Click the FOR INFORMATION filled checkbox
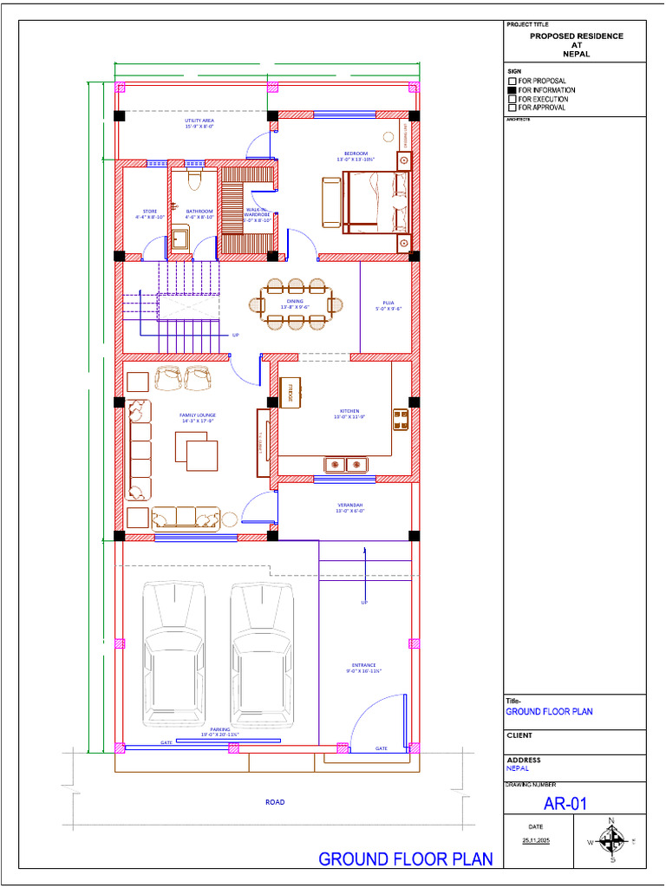pyautogui.click(x=512, y=90)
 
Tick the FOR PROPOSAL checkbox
pyautogui.click(x=512, y=81)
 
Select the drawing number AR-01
pyautogui.click(x=565, y=804)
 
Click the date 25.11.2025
pyautogui.click(x=535, y=841)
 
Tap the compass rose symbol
pyautogui.click(x=613, y=840)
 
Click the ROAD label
pyautogui.click(x=275, y=802)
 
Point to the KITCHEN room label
pyautogui.click(x=349, y=411)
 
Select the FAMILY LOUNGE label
pyautogui.click(x=198, y=415)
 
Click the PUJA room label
pyautogui.click(x=388, y=303)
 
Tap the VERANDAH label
pyautogui.click(x=350, y=505)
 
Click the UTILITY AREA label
pyautogui.click(x=199, y=121)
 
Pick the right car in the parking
pyautogui.click(x=262, y=651)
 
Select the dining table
pyautogui.click(x=297, y=304)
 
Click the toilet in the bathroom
pyautogui.click(x=193, y=179)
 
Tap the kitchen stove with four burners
pyautogui.click(x=401, y=420)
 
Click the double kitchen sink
pyautogui.click(x=347, y=465)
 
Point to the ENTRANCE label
pyautogui.click(x=364, y=665)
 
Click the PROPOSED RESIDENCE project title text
pyautogui.click(x=576, y=36)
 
